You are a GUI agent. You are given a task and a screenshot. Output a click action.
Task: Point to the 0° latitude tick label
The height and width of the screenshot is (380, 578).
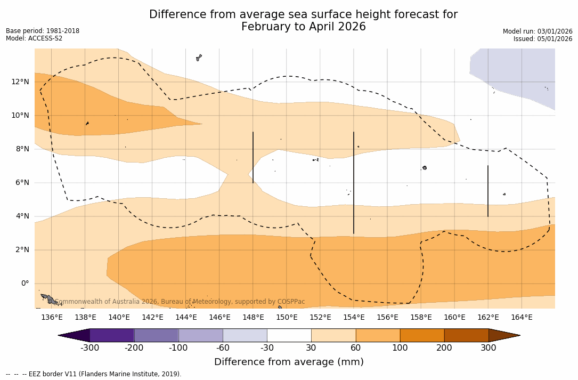(25, 284)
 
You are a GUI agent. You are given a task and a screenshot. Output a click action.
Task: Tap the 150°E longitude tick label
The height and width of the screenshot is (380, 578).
(287, 318)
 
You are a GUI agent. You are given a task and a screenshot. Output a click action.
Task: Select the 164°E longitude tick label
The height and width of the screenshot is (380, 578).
(522, 318)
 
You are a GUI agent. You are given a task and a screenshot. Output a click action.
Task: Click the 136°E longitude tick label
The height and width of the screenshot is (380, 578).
(52, 318)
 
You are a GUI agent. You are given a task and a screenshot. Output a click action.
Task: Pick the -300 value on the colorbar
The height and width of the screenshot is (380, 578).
(89, 348)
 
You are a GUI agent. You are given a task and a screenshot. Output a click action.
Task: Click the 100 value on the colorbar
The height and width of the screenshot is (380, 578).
(400, 348)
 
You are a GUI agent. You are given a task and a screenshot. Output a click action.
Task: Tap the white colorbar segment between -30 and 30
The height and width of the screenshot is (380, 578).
(289, 335)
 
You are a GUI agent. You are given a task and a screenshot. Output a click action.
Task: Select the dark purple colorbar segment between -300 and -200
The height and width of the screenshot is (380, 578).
(112, 335)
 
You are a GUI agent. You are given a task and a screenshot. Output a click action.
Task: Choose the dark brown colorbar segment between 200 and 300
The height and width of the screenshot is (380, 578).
(466, 335)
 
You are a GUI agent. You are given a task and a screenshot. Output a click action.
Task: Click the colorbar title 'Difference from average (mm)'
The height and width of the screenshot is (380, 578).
(289, 362)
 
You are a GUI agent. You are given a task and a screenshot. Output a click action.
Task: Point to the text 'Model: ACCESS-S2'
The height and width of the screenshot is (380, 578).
(34, 38)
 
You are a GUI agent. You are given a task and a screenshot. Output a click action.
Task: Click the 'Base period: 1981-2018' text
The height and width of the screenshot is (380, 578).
(43, 31)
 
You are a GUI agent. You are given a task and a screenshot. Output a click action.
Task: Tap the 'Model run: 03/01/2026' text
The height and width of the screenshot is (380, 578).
(538, 31)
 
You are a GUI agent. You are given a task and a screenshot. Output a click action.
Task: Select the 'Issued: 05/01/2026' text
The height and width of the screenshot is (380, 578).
(543, 39)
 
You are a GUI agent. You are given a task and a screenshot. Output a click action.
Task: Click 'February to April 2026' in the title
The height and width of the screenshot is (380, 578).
(303, 27)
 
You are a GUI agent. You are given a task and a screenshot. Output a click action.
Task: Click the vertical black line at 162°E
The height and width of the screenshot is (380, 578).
(488, 191)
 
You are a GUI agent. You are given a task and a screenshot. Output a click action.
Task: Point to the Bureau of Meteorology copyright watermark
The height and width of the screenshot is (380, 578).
(180, 302)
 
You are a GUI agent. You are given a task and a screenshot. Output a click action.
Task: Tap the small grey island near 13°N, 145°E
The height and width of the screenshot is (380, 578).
(199, 58)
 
